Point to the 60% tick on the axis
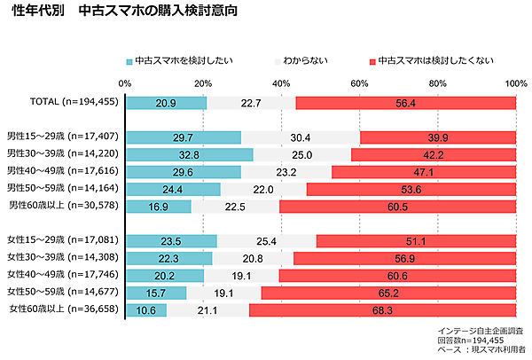click(360, 83)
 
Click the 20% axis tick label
click(203, 83)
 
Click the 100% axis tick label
click(515, 83)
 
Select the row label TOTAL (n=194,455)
click(62, 103)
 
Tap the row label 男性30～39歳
click(65, 154)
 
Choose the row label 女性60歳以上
click(65, 309)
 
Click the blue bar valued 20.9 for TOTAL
click(166, 103)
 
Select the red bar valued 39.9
click(438, 137)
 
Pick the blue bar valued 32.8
click(189, 154)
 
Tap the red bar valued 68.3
click(382, 309)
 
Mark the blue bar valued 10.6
click(146, 309)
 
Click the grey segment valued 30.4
click(301, 137)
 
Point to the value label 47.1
click(421, 172)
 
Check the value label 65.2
click(388, 292)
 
